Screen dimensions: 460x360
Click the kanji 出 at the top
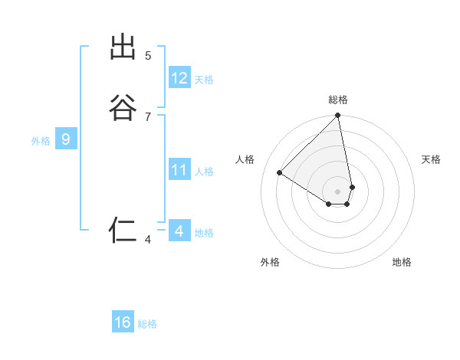pyautogui.click(x=123, y=47)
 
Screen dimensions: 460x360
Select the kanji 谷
pyautogui.click(x=123, y=108)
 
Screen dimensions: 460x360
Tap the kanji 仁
pyautogui.click(x=123, y=230)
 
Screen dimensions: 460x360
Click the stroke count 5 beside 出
pyautogui.click(x=148, y=56)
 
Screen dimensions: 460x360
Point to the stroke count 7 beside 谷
pyautogui.click(x=148, y=116)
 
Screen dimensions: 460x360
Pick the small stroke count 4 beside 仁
pyautogui.click(x=148, y=241)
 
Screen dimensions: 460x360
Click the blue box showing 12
pyautogui.click(x=179, y=78)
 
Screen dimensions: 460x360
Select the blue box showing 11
pyautogui.click(x=179, y=170)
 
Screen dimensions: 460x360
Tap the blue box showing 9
pyautogui.click(x=66, y=139)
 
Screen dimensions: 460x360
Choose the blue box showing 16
pyautogui.click(x=123, y=322)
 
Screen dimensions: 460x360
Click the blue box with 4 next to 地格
pyautogui.click(x=179, y=231)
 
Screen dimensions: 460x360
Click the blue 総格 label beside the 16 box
pyautogui.click(x=147, y=324)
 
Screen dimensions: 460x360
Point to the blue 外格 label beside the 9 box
pyautogui.click(x=41, y=141)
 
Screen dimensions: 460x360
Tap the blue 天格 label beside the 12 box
pyautogui.click(x=204, y=80)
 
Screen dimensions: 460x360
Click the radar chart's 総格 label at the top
pyautogui.click(x=338, y=100)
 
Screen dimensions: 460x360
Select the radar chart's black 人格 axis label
pyautogui.click(x=245, y=159)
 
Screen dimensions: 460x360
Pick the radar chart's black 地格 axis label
pyautogui.click(x=402, y=262)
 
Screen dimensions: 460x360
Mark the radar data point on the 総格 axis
pyautogui.click(x=338, y=116)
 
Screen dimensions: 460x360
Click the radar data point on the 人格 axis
pyautogui.click(x=280, y=172)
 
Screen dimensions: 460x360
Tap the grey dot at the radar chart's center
pyautogui.click(x=338, y=191)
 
